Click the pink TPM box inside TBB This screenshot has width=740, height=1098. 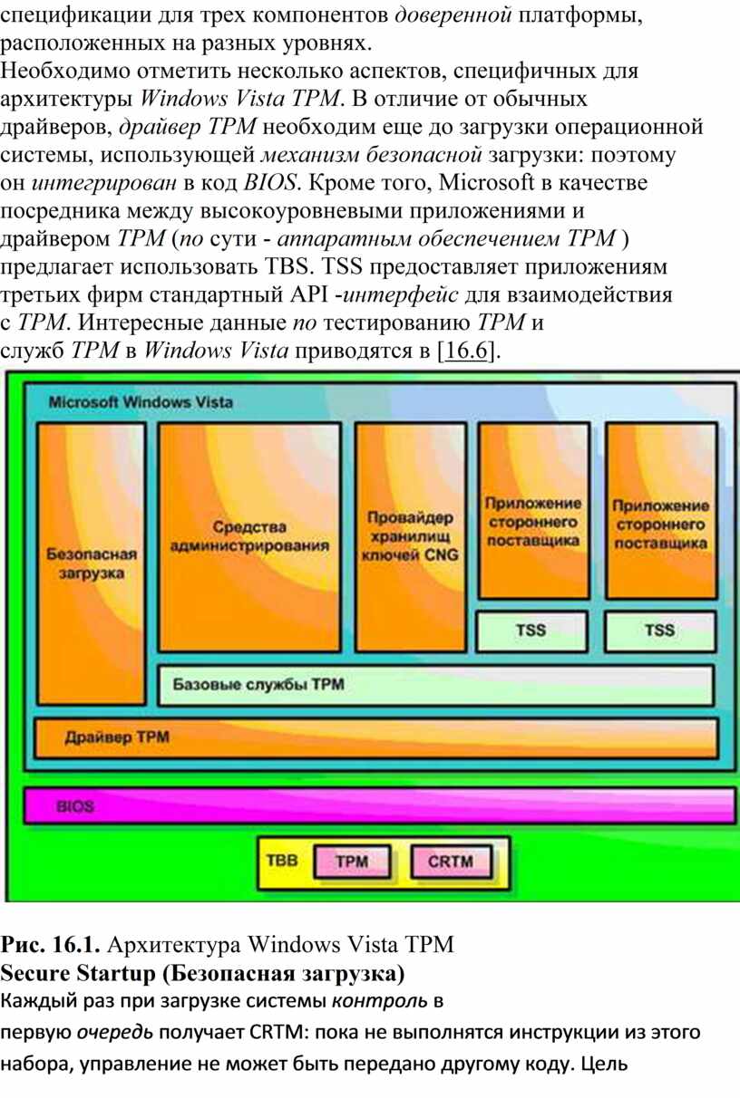352,862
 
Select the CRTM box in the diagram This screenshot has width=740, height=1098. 451,862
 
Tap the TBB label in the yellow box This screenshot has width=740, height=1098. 282,861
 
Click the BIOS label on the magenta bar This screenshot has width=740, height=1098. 75,806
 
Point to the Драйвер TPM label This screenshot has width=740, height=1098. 117,737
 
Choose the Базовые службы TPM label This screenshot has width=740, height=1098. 258,684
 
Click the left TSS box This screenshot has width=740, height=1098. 531,631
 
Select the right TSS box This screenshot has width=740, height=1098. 660,631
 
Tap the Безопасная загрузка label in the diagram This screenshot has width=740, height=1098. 92,563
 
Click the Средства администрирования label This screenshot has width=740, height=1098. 249,536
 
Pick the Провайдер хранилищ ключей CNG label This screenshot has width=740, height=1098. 410,536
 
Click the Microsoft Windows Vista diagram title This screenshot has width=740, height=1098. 141,402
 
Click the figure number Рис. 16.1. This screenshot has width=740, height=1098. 50,944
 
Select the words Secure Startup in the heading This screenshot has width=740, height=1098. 78,974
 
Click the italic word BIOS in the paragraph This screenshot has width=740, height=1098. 270,183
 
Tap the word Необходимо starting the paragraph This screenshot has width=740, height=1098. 65,71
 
